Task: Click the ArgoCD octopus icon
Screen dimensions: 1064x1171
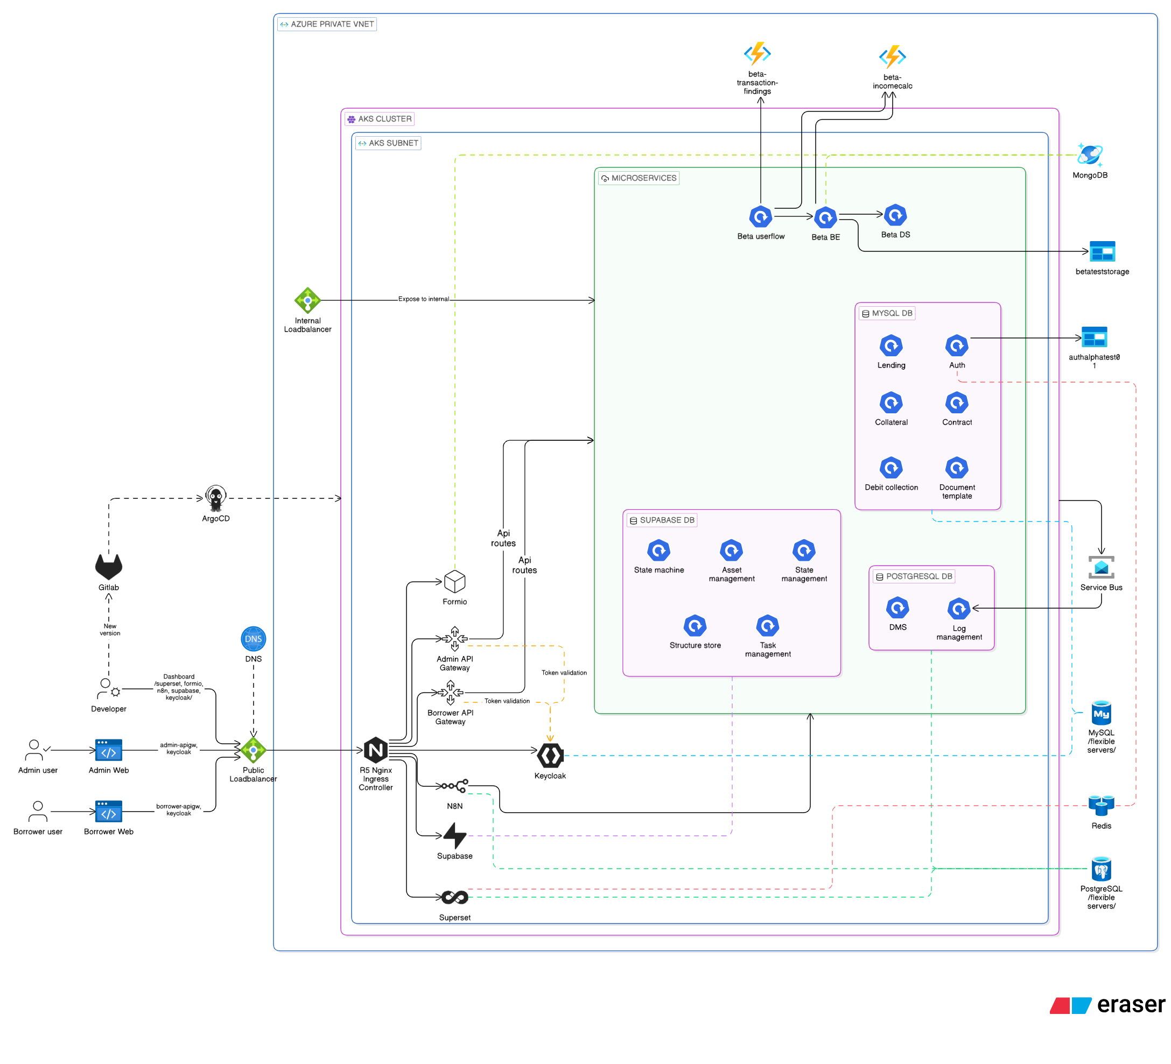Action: point(215,498)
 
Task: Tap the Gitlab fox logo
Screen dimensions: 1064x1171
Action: point(109,567)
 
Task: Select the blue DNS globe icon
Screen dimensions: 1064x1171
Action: point(253,639)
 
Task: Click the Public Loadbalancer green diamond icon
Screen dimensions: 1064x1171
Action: point(253,750)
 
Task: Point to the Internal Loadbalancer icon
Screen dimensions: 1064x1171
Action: point(307,300)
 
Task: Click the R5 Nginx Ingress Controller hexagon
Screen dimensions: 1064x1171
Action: point(376,750)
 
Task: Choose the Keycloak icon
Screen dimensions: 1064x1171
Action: point(550,756)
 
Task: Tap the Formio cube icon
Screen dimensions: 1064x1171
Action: point(455,581)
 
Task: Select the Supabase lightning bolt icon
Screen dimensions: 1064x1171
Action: point(455,836)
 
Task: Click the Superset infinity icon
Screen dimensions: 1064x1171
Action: point(455,897)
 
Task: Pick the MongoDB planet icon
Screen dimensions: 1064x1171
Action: point(1090,155)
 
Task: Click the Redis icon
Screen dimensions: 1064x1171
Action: point(1102,805)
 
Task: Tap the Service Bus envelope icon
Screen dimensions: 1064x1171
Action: point(1102,567)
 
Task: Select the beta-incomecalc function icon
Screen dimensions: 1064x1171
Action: point(892,57)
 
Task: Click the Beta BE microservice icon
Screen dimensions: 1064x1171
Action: point(825,217)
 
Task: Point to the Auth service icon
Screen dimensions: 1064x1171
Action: point(957,346)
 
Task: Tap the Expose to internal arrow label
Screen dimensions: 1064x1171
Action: point(423,299)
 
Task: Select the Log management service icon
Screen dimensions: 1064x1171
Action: point(959,609)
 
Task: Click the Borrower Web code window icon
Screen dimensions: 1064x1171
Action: point(109,812)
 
